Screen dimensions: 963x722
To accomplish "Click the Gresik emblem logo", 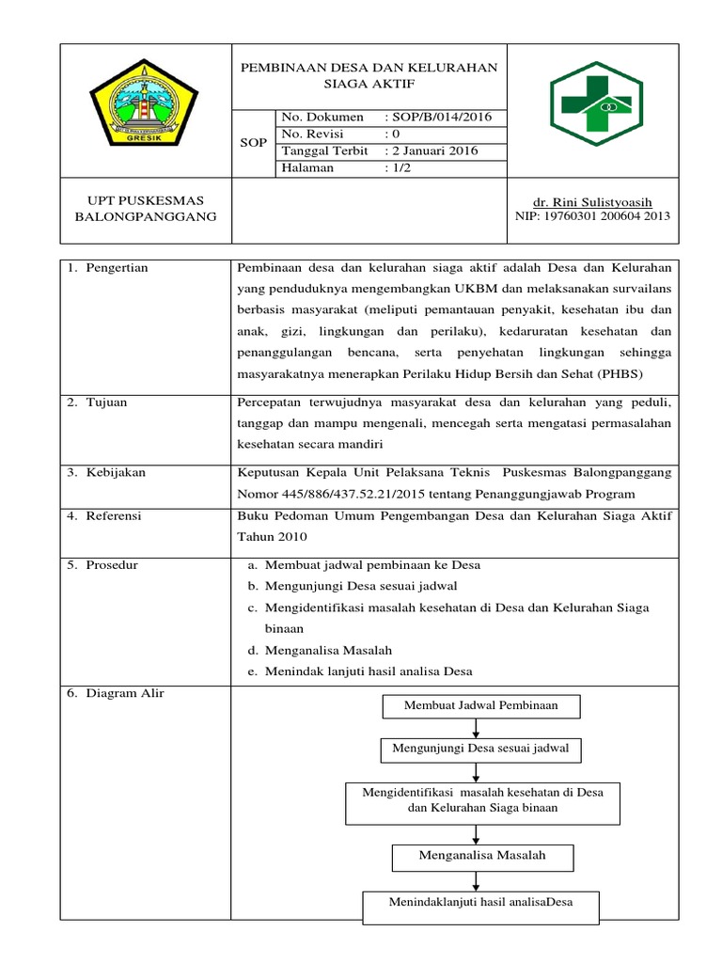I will [x=144, y=108].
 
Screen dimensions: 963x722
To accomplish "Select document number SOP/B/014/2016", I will [x=437, y=118].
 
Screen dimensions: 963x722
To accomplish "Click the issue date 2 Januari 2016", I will [x=432, y=151].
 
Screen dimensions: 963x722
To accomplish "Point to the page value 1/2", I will [x=398, y=168].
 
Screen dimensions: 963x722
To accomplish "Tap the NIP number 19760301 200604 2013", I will [x=592, y=216].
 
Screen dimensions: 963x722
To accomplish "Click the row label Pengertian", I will [x=117, y=268].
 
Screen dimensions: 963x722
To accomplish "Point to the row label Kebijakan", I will [x=115, y=472].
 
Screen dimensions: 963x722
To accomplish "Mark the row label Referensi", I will [x=115, y=515].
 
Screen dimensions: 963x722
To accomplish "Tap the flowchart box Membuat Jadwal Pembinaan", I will [x=480, y=705].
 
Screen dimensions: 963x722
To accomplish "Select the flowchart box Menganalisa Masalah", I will [x=481, y=856].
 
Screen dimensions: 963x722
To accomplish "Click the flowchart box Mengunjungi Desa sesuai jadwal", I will [x=480, y=750].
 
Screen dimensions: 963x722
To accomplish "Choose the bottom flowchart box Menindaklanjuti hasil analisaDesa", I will [x=480, y=903].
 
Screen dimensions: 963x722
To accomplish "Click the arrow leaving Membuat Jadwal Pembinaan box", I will [x=480, y=727].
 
